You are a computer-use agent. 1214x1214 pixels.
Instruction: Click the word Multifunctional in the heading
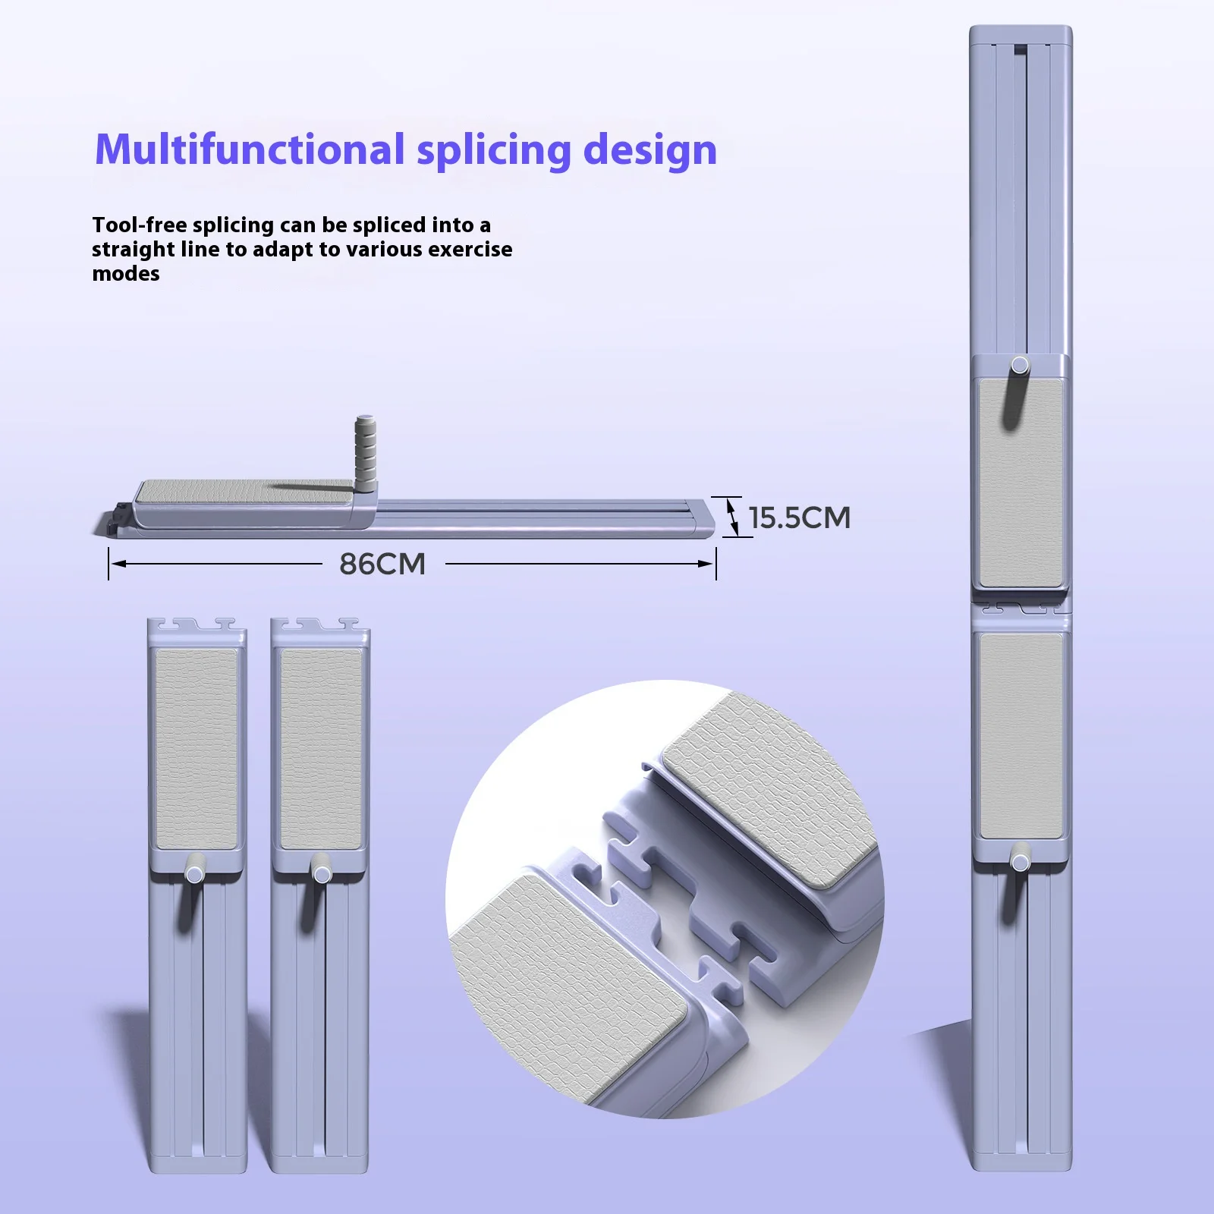[250, 149]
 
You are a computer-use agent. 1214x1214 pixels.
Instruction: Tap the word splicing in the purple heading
[493, 149]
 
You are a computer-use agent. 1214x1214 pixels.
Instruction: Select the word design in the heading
[650, 149]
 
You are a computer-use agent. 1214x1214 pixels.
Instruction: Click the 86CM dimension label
[382, 564]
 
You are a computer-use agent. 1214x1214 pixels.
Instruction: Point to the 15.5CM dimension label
[800, 517]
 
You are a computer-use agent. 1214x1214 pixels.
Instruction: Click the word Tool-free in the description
[140, 225]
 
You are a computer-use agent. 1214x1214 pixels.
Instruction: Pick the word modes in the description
[126, 273]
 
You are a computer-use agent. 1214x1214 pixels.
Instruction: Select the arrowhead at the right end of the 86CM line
[709, 564]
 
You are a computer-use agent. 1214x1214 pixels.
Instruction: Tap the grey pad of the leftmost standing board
[196, 747]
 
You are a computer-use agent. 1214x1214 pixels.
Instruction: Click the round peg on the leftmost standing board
[194, 874]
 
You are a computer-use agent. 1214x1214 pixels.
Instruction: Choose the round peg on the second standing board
[322, 874]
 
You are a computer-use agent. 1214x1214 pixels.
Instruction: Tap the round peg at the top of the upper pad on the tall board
[1021, 365]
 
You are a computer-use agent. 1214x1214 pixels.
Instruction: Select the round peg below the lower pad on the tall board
[1021, 863]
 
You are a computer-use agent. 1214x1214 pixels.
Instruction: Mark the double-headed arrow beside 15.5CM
[733, 516]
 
